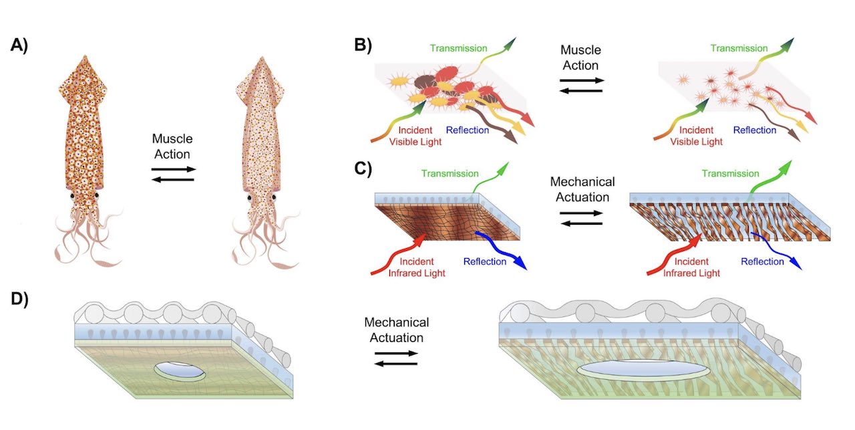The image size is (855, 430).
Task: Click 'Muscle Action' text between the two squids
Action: tap(172, 146)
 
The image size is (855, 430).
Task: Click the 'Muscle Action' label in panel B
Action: tap(580, 58)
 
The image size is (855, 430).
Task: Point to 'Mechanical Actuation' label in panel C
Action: tap(582, 189)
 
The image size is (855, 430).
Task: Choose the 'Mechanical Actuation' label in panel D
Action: tap(396, 330)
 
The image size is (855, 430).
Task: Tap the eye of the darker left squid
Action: tap(71, 196)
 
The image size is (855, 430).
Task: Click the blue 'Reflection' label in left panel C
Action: tap(486, 261)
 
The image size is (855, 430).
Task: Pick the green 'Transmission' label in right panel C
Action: tap(731, 173)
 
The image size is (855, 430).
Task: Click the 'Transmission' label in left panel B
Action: tap(459, 48)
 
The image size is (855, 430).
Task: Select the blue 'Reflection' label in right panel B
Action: tap(755, 130)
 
